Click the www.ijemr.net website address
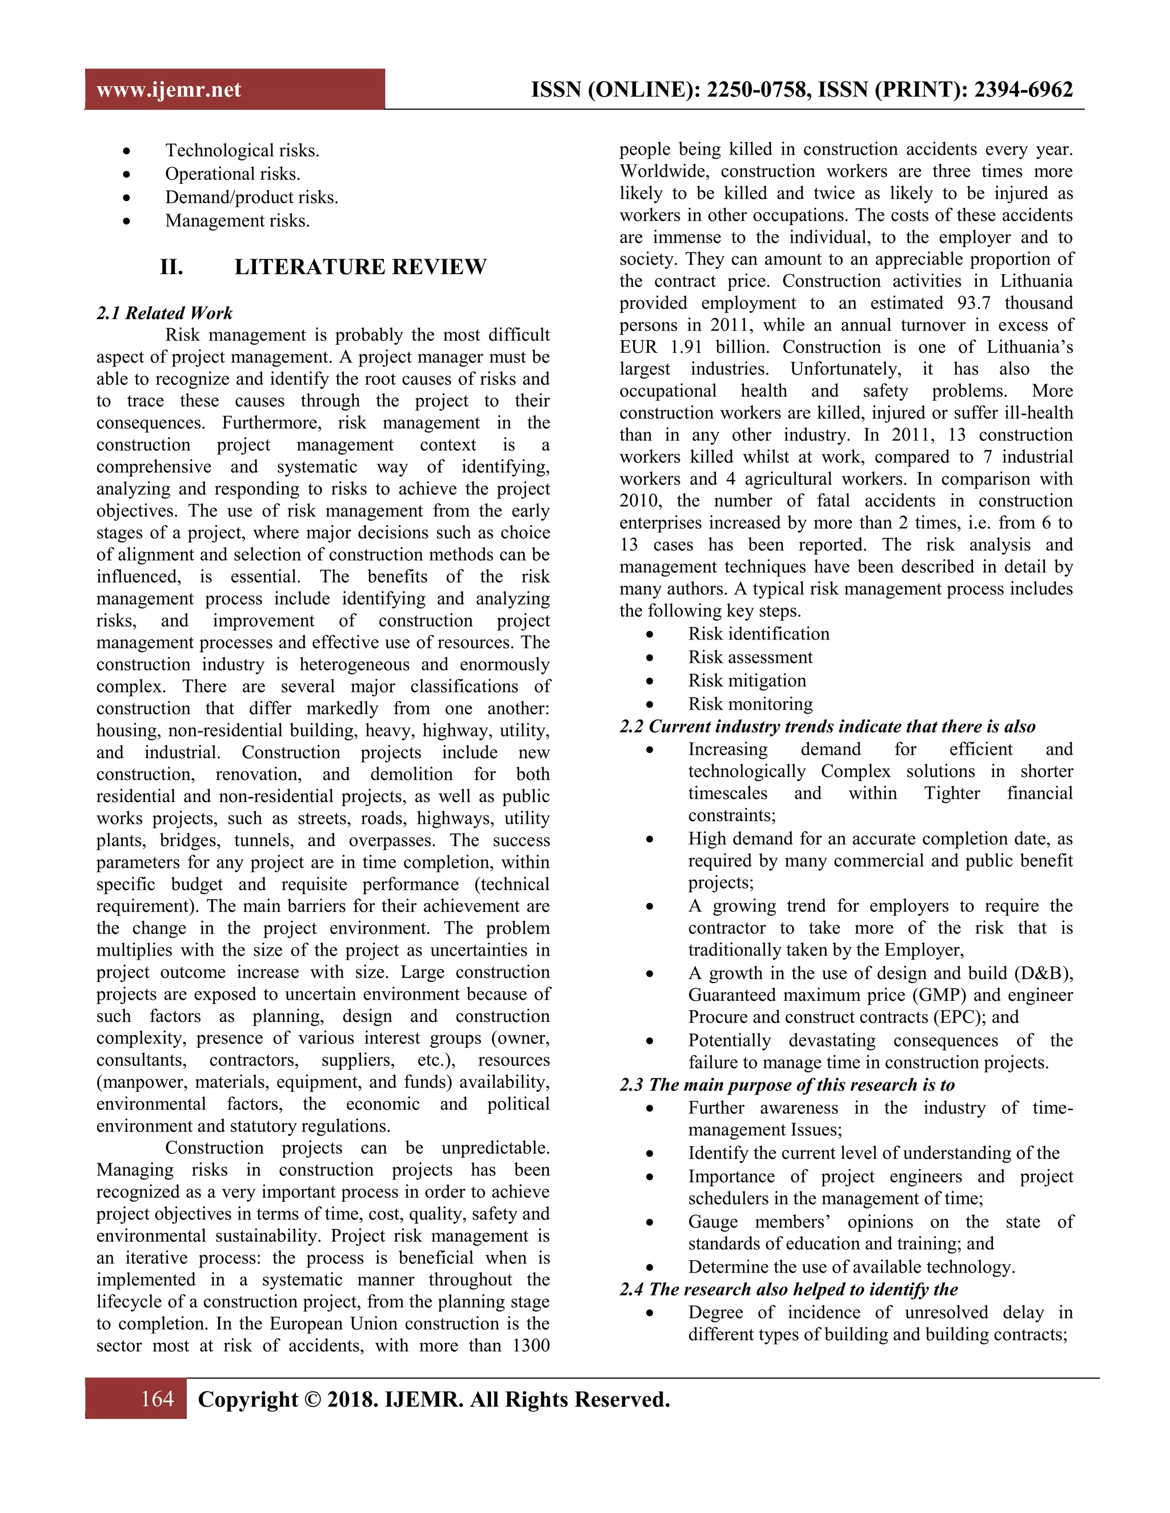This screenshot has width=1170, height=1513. coord(169,90)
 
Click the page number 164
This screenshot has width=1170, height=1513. coord(157,1399)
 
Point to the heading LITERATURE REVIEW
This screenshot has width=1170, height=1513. coord(360,267)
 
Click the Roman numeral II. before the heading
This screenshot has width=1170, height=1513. coord(172,267)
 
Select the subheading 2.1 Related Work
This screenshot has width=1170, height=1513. coord(165,313)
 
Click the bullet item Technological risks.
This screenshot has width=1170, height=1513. coord(242,150)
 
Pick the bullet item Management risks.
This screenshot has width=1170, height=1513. coord(237,220)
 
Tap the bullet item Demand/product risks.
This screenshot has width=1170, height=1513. coord(251,198)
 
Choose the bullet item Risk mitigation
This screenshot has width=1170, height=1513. coord(747,681)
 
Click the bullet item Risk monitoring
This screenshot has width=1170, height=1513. coord(750,704)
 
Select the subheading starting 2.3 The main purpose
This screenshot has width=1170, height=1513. coord(787,1085)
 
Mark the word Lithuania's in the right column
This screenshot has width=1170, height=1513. coord(1029,347)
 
